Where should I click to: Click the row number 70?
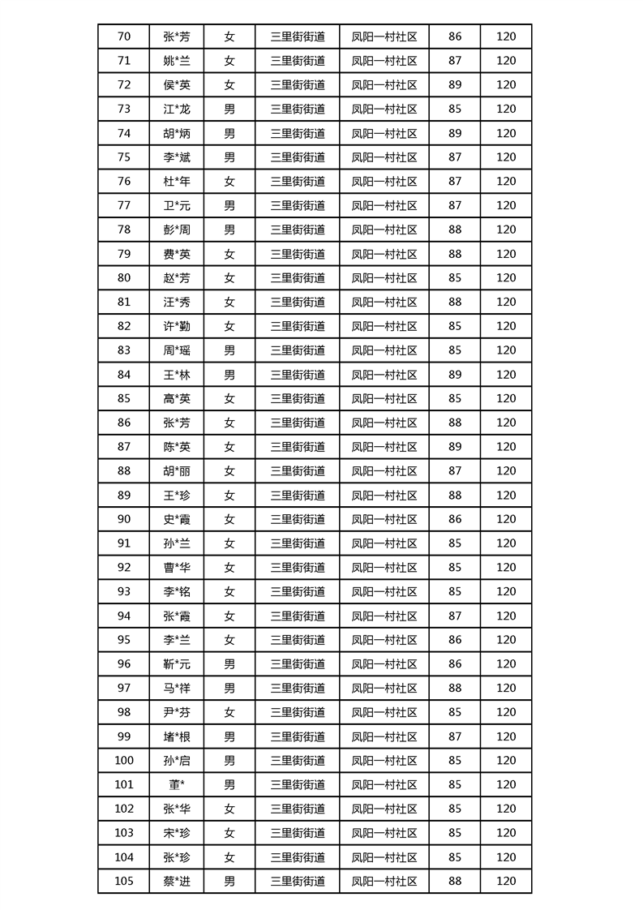[123, 36]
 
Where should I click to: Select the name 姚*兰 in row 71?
[177, 61]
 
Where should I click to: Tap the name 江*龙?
[177, 109]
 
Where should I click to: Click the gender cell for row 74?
[229, 133]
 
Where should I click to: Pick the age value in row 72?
[455, 84]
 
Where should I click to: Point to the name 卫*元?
[177, 205]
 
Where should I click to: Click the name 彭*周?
[177, 230]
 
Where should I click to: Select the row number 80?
[123, 277]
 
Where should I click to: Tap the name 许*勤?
[177, 326]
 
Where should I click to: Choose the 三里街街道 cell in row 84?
[298, 375]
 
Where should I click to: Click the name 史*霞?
[177, 519]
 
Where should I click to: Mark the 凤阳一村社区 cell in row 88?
[384, 471]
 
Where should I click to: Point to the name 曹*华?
[177, 568]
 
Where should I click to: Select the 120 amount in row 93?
[506, 591]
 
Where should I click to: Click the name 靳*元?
[177, 664]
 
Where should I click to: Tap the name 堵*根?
[177, 736]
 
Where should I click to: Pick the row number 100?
[123, 761]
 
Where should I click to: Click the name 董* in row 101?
[177, 784]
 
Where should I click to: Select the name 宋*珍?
[177, 833]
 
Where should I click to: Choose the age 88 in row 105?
[455, 882]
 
